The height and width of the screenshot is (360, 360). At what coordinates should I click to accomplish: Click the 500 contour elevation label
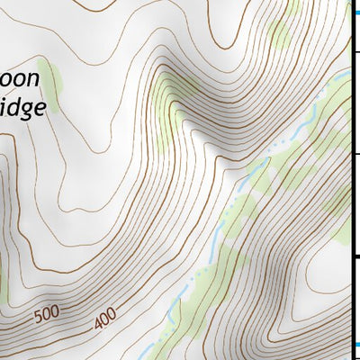(x=49, y=316)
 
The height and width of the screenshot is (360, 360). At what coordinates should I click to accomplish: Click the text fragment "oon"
(x=20, y=79)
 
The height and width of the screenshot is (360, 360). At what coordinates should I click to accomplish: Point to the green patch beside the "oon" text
(x=51, y=87)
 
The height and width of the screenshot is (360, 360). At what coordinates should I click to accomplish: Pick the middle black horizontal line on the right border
(x=355, y=154)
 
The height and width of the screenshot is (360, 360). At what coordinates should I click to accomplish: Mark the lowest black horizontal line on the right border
(x=355, y=257)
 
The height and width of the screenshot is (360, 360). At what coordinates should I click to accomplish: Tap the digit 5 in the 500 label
(x=40, y=319)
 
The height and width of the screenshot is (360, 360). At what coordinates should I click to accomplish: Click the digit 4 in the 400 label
(x=97, y=321)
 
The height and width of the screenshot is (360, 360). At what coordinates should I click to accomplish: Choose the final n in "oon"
(x=33, y=79)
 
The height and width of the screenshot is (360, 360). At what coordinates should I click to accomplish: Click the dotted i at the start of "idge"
(x=4, y=108)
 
